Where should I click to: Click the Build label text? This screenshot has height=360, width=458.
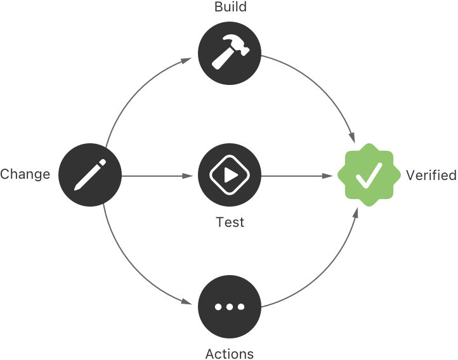pos(230,8)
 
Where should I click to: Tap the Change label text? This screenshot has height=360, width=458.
pos(25,174)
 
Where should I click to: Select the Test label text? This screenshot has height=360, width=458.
pos(230,223)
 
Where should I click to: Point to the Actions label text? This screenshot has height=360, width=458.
pos(230,353)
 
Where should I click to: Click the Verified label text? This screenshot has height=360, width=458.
pos(431,175)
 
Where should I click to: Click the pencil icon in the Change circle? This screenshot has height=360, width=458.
pos(89,174)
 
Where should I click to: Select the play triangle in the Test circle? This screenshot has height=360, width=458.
pos(230,174)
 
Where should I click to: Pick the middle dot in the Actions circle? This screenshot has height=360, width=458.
pos(230,307)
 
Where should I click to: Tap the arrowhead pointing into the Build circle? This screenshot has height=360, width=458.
pos(188,61)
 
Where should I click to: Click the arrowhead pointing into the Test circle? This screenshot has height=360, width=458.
pos(190,175)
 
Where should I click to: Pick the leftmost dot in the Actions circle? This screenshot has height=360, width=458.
pos(218,307)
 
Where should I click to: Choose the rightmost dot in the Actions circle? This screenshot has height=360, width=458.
pos(242,307)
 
